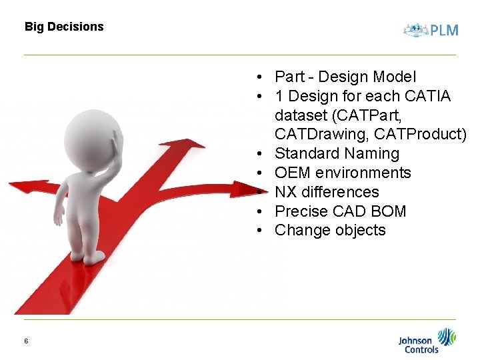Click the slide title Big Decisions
(x=64, y=27)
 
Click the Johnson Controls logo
(x=427, y=341)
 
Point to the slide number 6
(x=26, y=341)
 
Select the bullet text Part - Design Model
(x=345, y=77)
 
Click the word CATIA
(x=427, y=97)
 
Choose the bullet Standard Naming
(x=337, y=154)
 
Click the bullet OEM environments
(x=343, y=173)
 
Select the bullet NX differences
(x=327, y=193)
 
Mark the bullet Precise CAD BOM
(x=340, y=212)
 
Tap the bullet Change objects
(x=330, y=231)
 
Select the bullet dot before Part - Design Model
(x=265, y=78)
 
